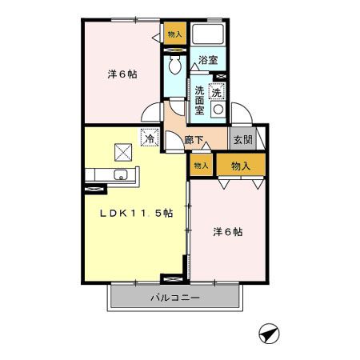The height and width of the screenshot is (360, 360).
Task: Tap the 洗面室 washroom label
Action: point(199,100)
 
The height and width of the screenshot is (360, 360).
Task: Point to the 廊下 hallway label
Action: point(193,139)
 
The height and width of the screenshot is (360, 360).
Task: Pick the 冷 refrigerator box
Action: point(149,138)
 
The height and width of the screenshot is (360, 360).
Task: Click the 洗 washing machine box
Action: point(216,92)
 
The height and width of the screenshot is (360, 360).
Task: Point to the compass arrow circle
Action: point(269,332)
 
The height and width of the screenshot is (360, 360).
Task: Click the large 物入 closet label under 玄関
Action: point(241,166)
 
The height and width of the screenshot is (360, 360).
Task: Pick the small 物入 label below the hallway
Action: point(201,166)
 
